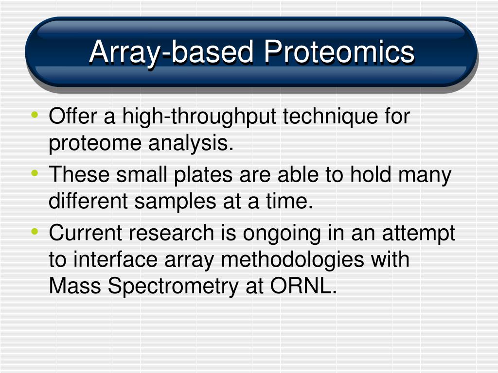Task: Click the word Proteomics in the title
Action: click(x=339, y=51)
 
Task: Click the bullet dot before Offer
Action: click(x=35, y=115)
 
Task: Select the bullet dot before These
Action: click(x=35, y=173)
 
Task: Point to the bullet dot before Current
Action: click(x=35, y=232)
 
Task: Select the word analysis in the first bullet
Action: click(x=191, y=144)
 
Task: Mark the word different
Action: click(x=88, y=202)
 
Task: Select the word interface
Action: click(x=116, y=259)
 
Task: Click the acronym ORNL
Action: click(x=303, y=286)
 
